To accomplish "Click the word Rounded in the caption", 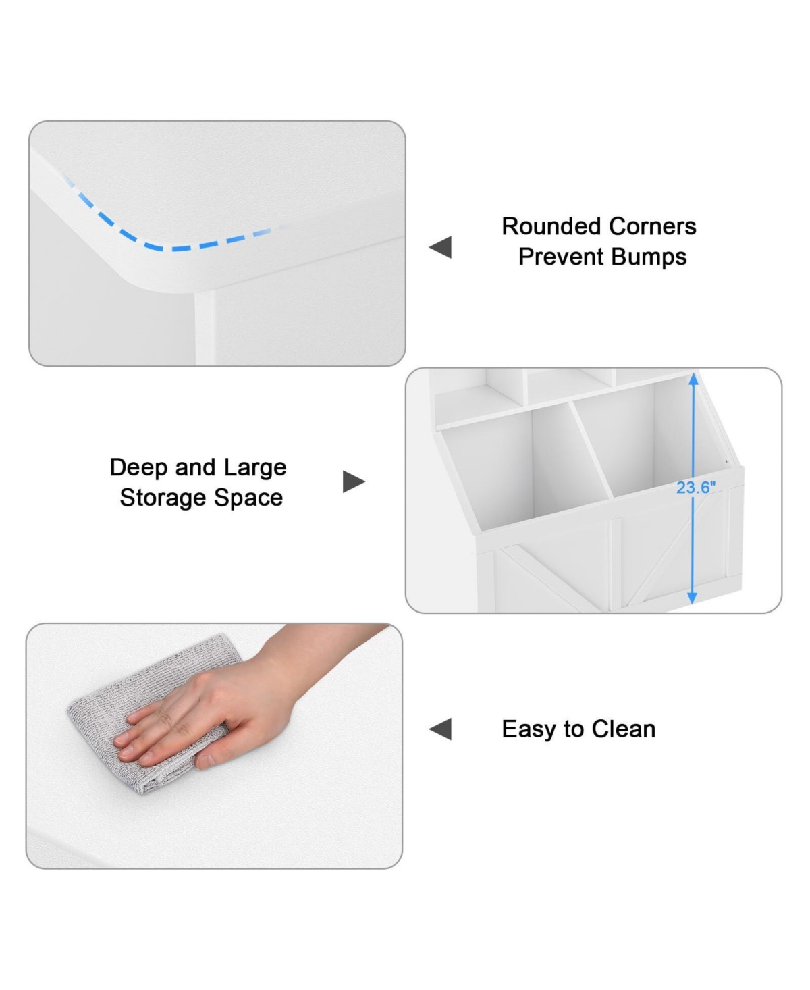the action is coord(551,226).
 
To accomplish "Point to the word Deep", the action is coord(139,468).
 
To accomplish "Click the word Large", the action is coord(255,468).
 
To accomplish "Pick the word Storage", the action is coord(163,498).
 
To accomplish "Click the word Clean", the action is coord(623,729).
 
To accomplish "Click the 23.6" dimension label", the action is coord(696,488).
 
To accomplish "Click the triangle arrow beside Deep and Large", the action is coord(354,481).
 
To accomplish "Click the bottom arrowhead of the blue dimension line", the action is coord(692,598).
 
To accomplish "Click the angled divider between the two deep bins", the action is coord(593,449).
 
